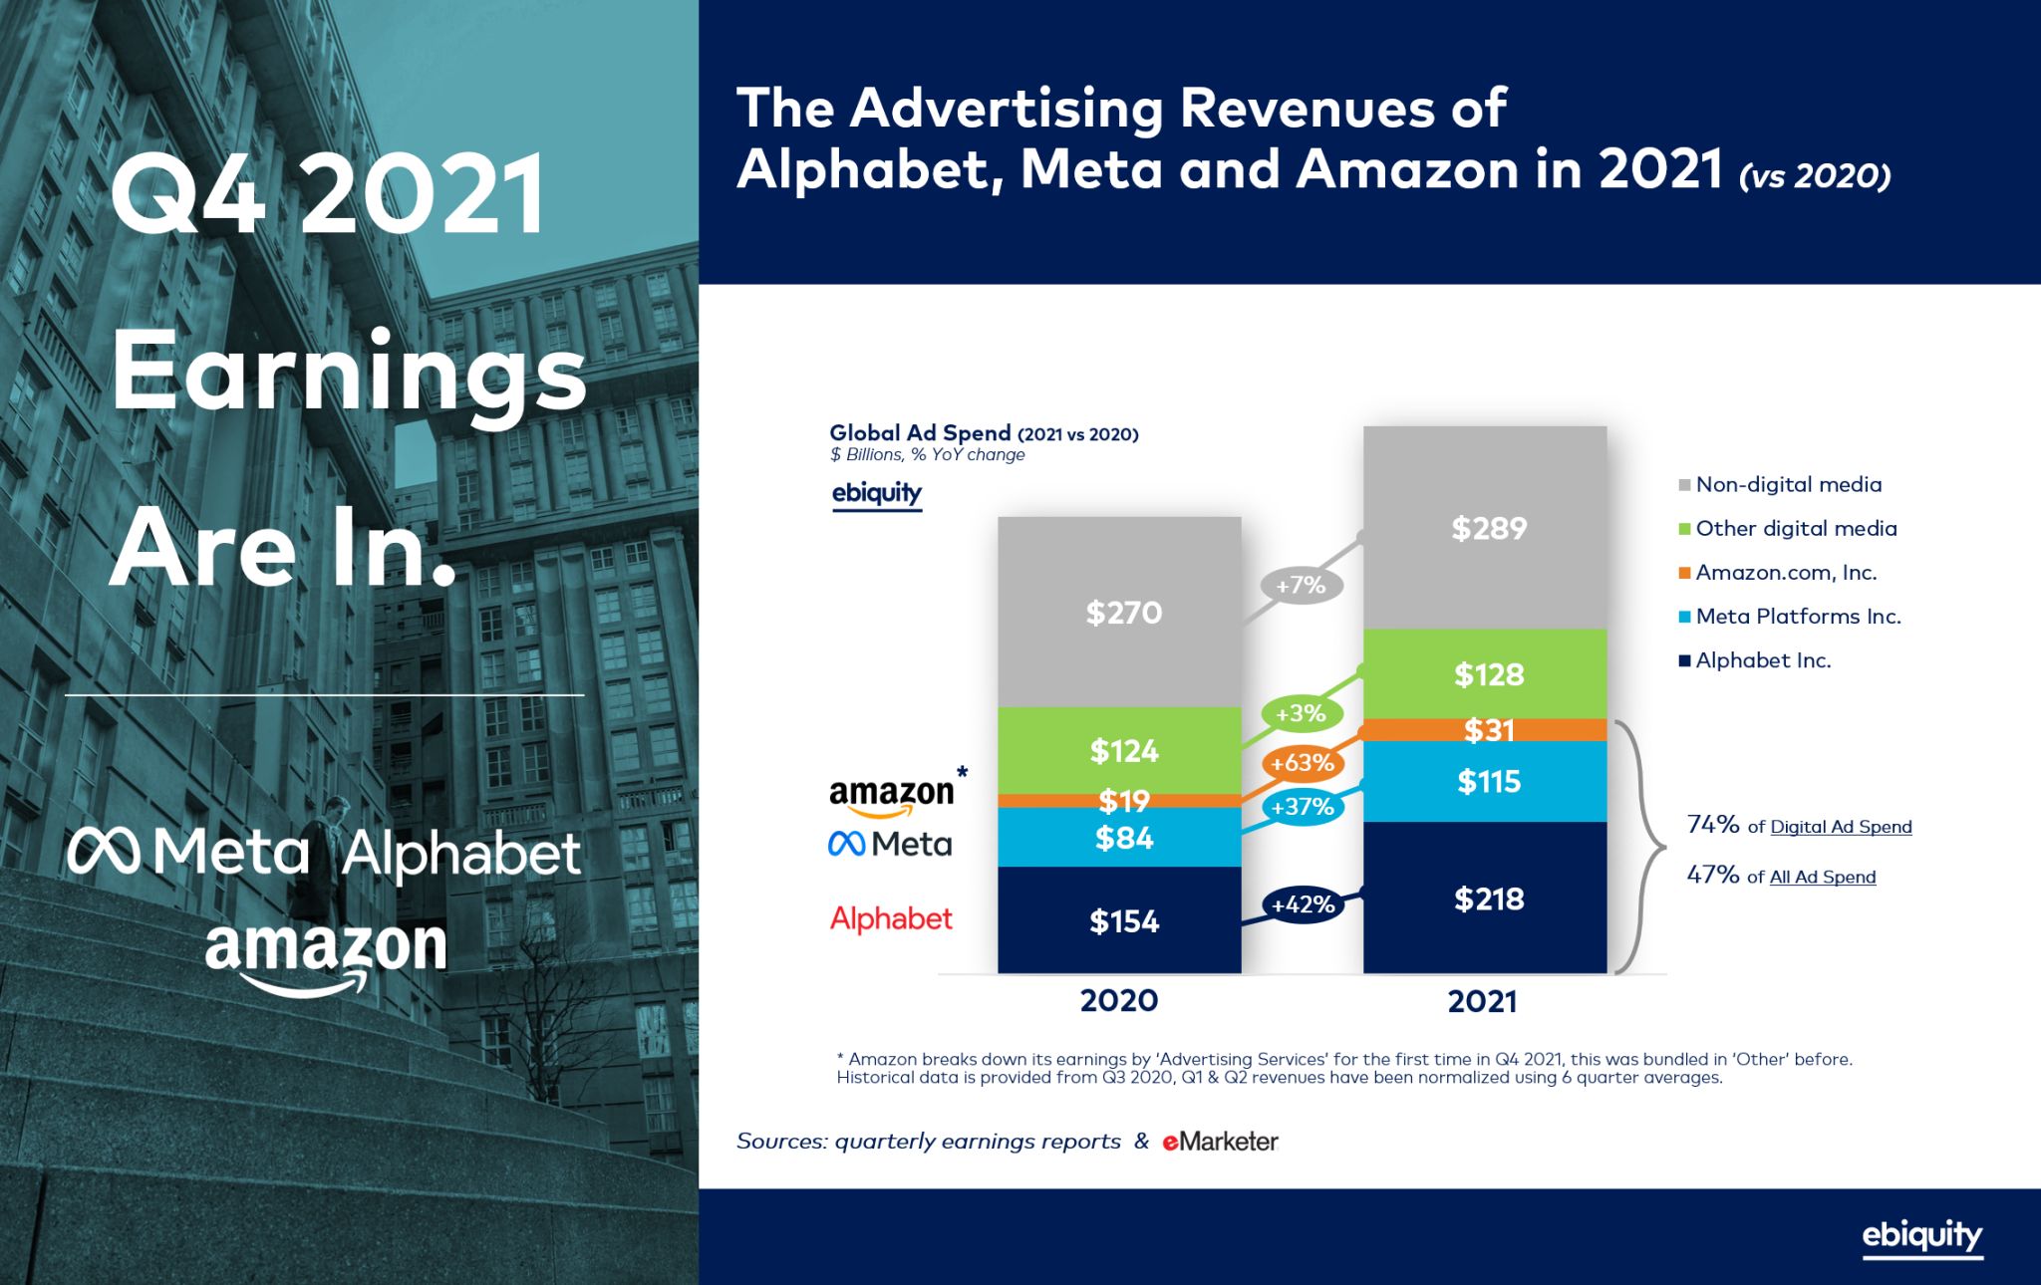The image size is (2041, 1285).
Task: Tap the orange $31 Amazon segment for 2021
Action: coord(1487,730)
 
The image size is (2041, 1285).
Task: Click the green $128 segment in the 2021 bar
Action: coord(1487,674)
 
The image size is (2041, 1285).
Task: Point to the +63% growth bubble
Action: coord(1302,763)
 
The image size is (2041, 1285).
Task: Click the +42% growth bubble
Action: coord(1302,904)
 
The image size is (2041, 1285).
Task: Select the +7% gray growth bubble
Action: coord(1302,585)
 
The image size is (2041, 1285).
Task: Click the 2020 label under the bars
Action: coord(1119,1000)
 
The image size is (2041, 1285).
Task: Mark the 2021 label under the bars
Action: coord(1482,1001)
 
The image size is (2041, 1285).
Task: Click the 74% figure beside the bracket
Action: coord(1712,824)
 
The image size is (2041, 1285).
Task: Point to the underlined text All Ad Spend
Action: coord(1822,877)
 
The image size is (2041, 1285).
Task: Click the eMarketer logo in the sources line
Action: coord(1220,1142)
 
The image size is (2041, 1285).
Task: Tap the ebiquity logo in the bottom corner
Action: coord(1921,1236)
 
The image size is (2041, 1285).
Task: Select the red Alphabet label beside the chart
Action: coord(891,918)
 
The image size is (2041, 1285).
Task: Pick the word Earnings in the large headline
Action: coord(349,373)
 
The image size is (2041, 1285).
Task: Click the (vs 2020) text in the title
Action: coord(1814,176)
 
